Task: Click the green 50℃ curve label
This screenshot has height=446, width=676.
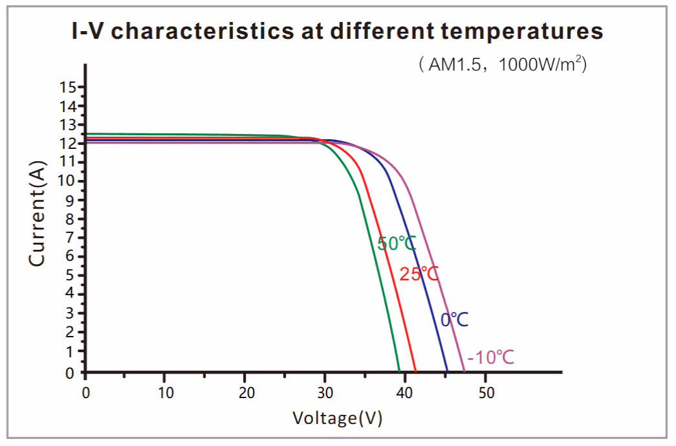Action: [397, 244]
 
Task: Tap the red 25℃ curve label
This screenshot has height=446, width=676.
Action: [419, 274]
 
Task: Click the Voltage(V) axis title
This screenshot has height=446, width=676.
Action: [337, 418]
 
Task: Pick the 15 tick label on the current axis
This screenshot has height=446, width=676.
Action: [67, 87]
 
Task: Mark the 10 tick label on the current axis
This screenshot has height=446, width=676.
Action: [67, 180]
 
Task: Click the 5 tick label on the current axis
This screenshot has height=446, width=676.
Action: [71, 275]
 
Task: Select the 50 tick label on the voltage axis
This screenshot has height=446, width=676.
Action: [486, 393]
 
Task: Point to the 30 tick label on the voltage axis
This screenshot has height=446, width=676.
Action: [325, 393]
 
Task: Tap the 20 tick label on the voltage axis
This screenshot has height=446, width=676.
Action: [245, 393]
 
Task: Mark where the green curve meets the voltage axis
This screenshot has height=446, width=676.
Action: [400, 372]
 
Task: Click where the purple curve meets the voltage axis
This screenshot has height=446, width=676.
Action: [464, 372]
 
